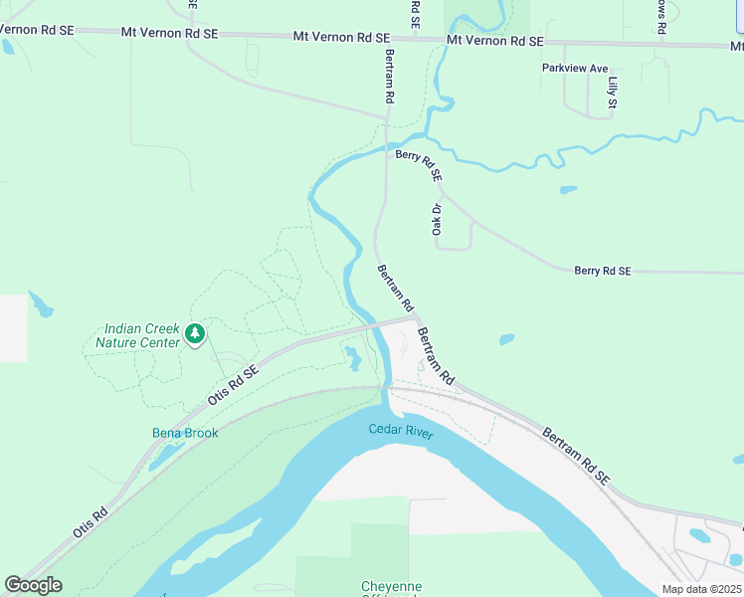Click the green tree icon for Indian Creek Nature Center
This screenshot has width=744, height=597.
195,333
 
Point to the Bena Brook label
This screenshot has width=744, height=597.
185,433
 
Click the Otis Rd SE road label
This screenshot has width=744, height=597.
234,384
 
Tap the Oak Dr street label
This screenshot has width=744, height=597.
436,220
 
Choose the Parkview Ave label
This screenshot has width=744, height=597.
574,68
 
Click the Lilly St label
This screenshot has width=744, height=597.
613,93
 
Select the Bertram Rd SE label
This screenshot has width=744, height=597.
576,457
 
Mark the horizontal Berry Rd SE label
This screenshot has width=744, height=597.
602,271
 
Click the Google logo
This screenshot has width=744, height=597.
33,585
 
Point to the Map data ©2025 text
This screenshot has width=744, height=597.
700,589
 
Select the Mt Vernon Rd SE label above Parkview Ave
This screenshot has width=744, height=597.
495,41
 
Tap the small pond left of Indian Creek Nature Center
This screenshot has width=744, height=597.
40,303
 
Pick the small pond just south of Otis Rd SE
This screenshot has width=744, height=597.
353,357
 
